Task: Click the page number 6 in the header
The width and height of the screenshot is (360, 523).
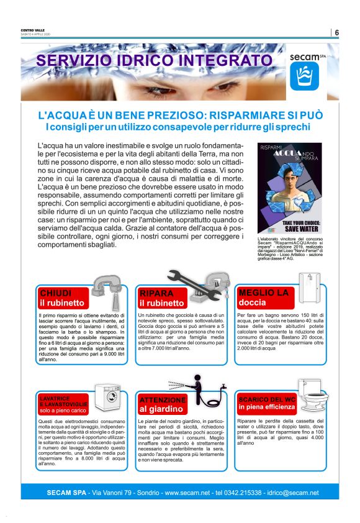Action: pyautogui.click(x=336, y=32)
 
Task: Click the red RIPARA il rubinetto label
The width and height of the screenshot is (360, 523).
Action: pyautogui.click(x=163, y=298)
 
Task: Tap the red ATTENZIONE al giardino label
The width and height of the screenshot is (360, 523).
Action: pyautogui.click(x=163, y=404)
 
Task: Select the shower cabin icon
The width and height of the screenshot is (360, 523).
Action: pyautogui.click(x=307, y=287)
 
